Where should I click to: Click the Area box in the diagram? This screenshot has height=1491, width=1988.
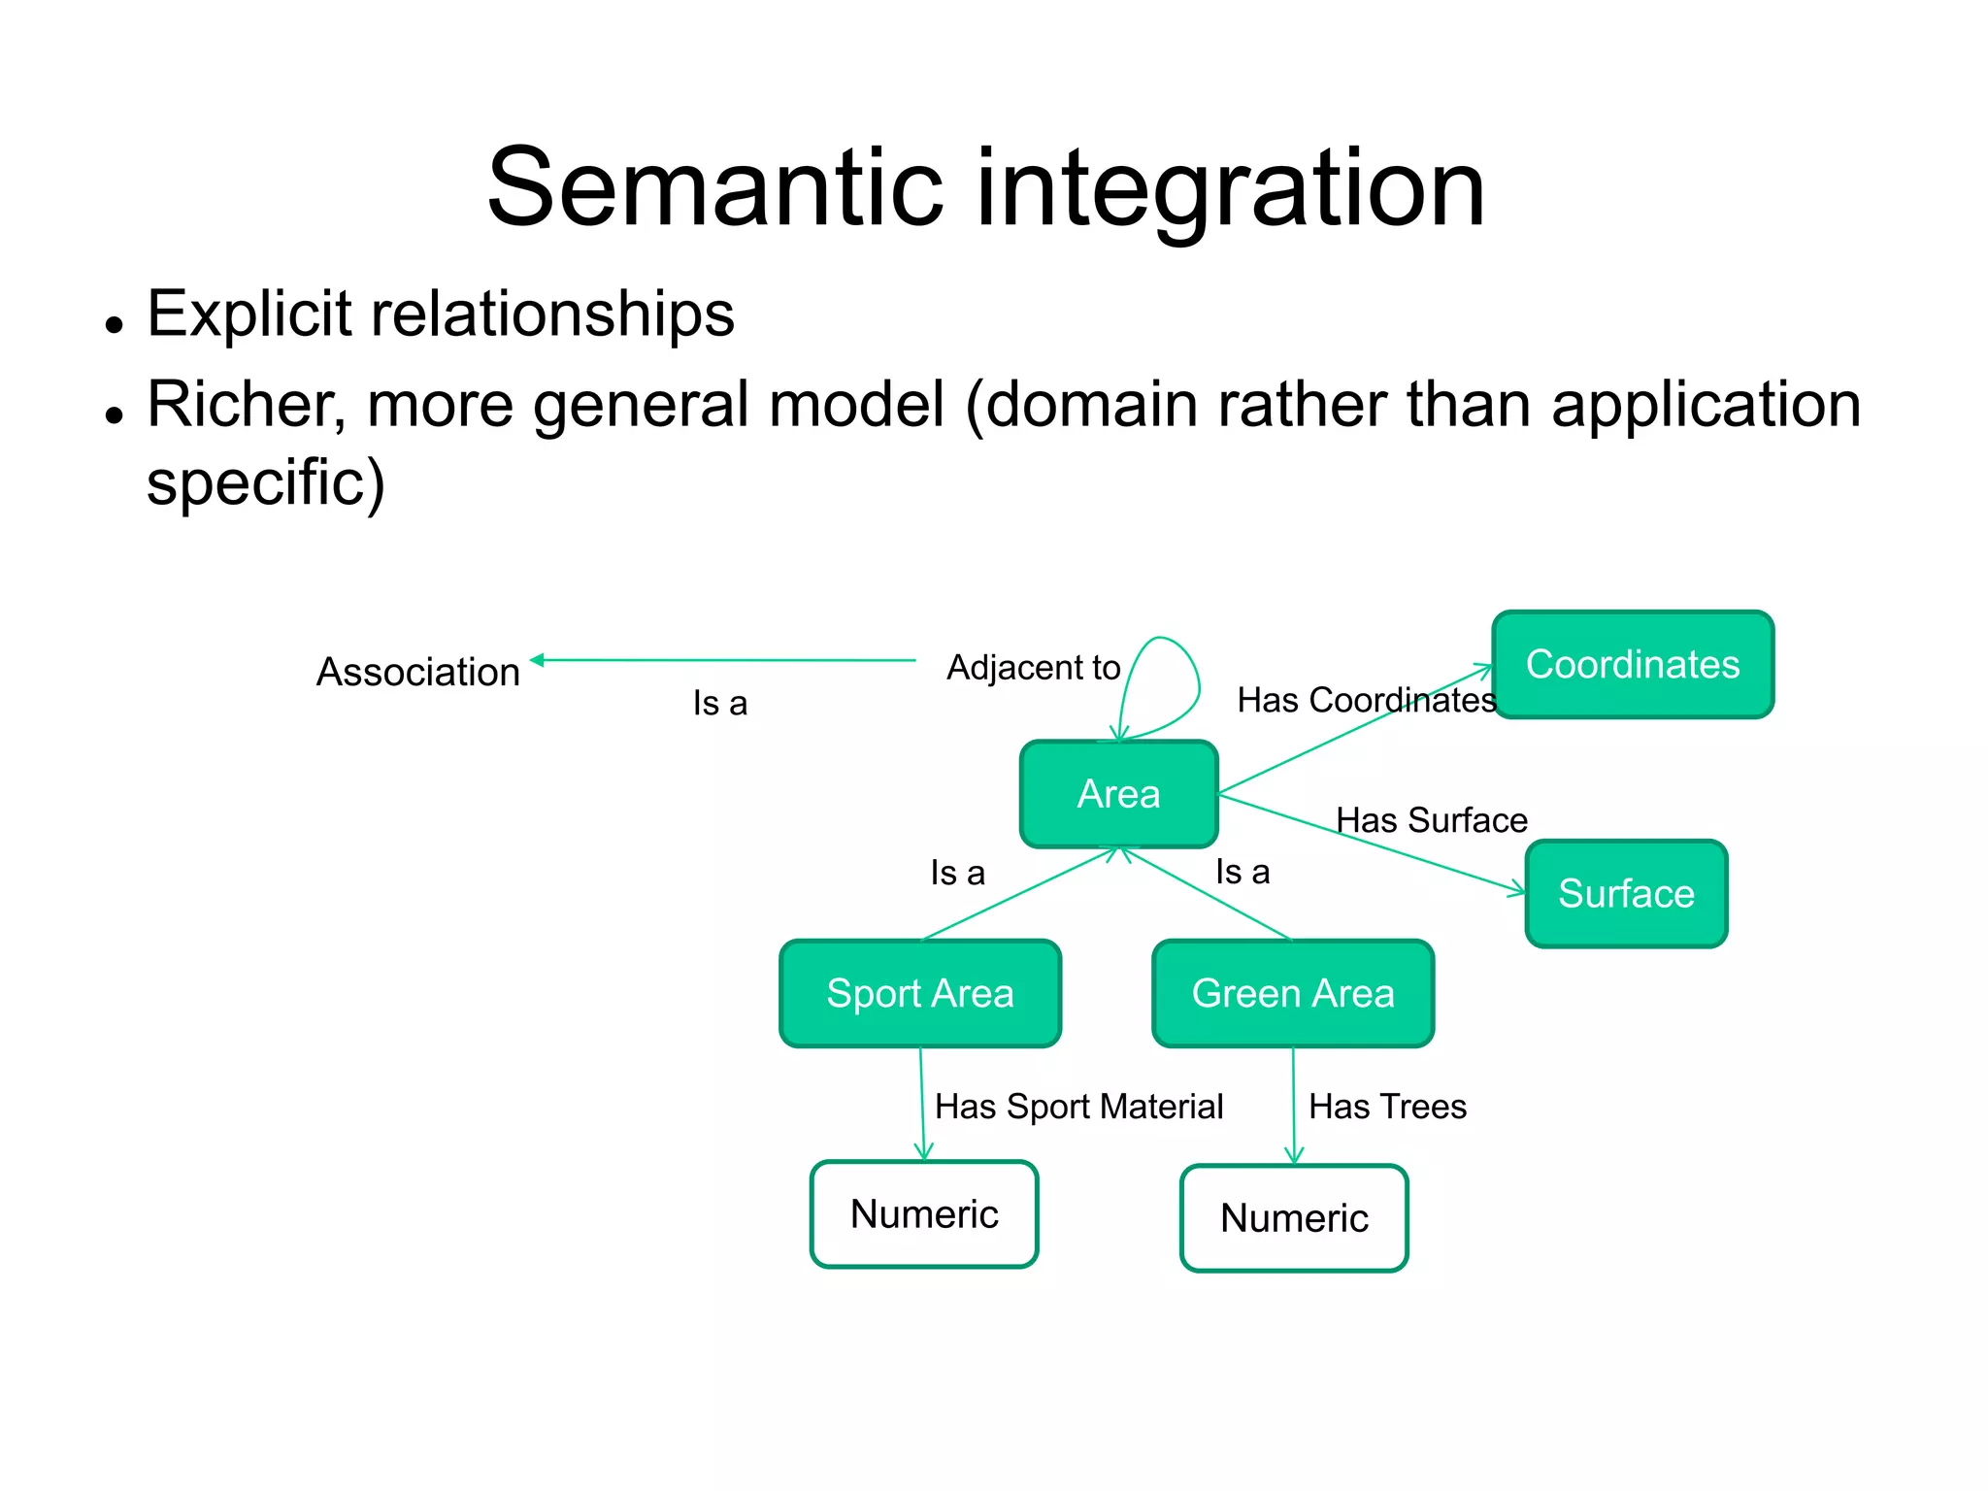(1118, 794)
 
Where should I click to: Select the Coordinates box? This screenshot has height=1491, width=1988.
(1633, 665)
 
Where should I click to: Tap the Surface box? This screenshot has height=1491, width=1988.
(1626, 893)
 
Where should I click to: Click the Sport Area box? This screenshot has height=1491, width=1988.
(919, 993)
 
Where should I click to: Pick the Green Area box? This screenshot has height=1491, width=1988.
(1292, 993)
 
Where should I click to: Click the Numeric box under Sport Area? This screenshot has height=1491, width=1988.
(924, 1214)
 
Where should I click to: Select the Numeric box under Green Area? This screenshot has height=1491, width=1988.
(1294, 1218)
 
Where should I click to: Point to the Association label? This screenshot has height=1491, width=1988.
(418, 672)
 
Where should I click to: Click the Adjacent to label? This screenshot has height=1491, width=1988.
(1033, 668)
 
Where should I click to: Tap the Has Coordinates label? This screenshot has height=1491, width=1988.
(1366, 700)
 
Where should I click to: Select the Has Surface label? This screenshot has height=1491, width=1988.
(1431, 820)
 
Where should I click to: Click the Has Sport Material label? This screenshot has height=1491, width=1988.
(1078, 1107)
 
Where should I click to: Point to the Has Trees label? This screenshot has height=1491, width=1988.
(1387, 1107)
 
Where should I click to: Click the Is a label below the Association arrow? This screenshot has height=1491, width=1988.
(720, 704)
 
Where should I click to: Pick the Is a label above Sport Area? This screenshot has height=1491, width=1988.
(957, 873)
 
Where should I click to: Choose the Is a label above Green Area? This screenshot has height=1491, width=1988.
(1242, 872)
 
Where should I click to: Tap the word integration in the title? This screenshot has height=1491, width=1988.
(1230, 189)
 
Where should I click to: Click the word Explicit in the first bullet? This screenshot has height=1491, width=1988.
(248, 315)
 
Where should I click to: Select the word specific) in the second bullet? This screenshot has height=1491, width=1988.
(266, 483)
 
